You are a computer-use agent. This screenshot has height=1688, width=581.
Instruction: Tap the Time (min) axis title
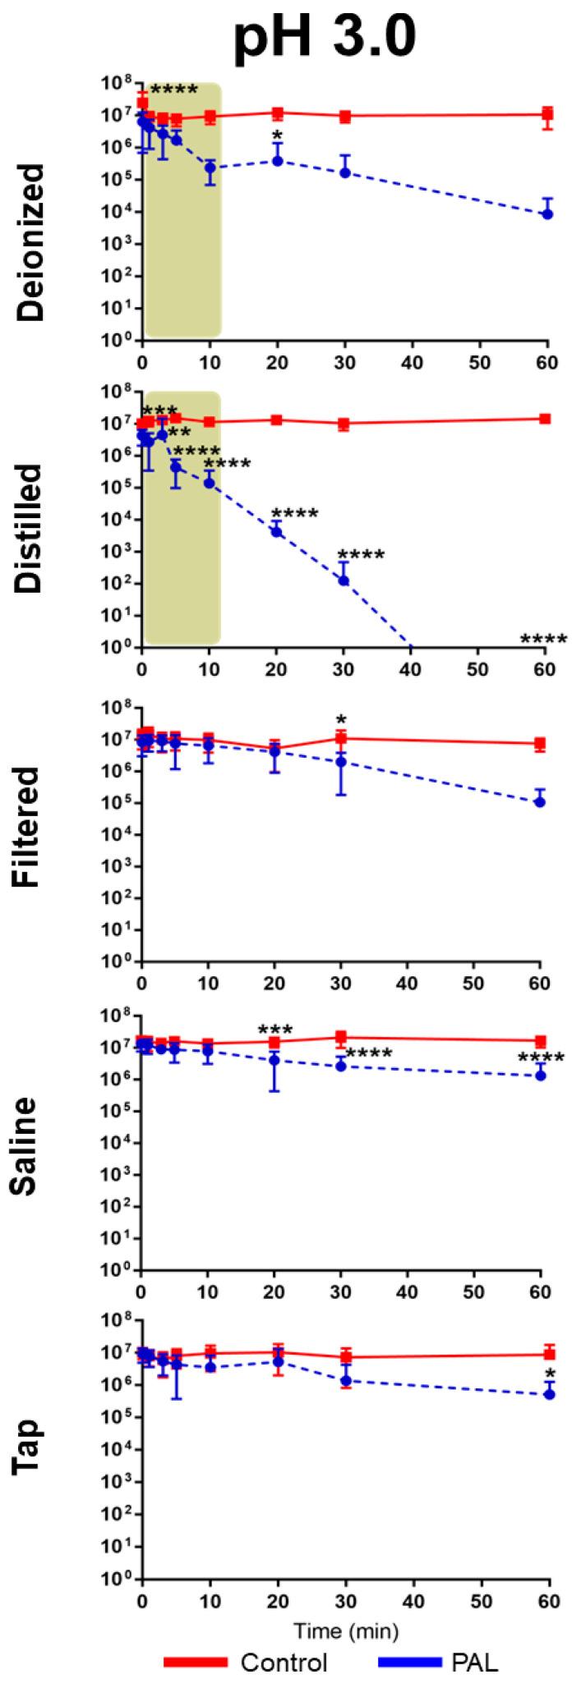pos(343,1626)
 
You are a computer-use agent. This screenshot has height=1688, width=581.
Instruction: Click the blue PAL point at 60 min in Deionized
pos(546,213)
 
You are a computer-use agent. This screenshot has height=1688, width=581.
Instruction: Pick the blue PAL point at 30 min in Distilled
pos(344,580)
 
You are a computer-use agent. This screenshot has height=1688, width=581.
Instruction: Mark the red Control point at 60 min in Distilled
pos(545,419)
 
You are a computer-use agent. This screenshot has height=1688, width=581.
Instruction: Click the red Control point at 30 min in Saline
pos(341,1037)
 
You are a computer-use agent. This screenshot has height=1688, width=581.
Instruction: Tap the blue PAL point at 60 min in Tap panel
pos(550,1394)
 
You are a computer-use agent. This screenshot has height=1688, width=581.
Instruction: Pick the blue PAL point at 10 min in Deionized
pos(210,167)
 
